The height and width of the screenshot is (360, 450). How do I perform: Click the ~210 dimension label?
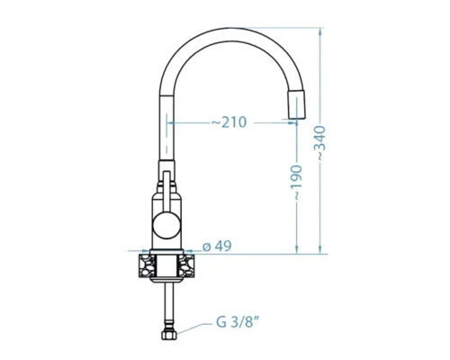229,122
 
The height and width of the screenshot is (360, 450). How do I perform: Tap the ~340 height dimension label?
320,143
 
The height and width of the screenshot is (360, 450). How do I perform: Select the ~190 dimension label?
297,183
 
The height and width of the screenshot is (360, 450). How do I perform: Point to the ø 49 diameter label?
217,247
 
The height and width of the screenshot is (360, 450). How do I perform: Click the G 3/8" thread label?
237,323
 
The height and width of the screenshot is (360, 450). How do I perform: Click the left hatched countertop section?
147,265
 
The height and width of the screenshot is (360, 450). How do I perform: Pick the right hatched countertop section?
186,265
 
